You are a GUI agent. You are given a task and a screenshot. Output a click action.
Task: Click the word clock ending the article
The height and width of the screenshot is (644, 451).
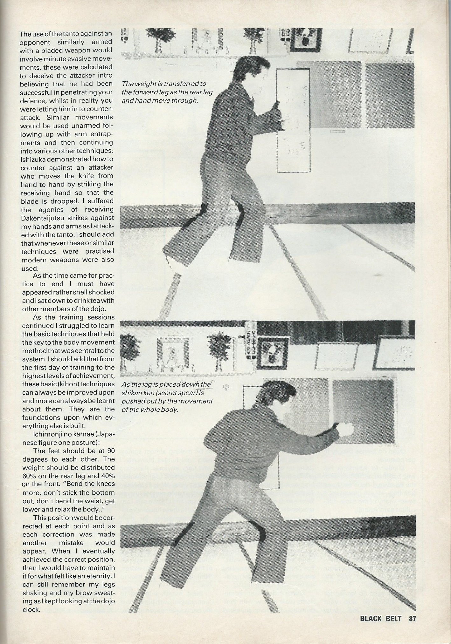pyautogui.click(x=31, y=609)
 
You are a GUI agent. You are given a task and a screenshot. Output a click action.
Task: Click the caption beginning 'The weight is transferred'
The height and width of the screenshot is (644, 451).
pyautogui.click(x=167, y=92)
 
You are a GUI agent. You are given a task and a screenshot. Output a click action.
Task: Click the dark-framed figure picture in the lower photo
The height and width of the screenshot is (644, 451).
pyautogui.click(x=273, y=352)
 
